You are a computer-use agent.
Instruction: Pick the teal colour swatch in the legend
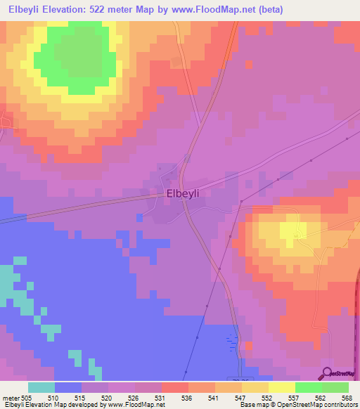click(x=41, y=387)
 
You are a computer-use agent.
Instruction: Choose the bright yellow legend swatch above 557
click(x=281, y=387)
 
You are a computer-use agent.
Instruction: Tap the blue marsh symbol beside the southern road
click(x=233, y=343)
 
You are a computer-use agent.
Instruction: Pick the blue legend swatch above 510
click(x=68, y=387)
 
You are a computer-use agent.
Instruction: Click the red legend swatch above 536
click(x=174, y=387)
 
